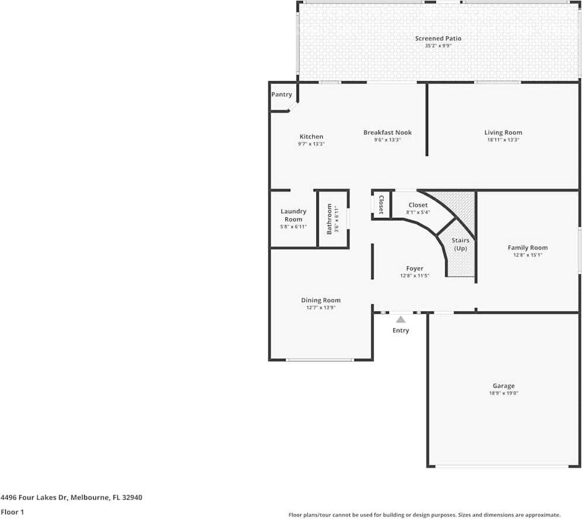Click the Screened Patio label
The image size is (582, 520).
pyautogui.click(x=438, y=39)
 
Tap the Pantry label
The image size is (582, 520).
pyautogui.click(x=281, y=95)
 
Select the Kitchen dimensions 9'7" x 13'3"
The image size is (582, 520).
pyautogui.click(x=311, y=144)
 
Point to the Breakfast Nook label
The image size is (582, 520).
pyautogui.click(x=387, y=133)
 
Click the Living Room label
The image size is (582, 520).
pyautogui.click(x=503, y=133)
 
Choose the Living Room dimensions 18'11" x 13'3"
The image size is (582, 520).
pyautogui.click(x=503, y=140)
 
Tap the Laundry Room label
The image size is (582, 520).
pyautogui.click(x=293, y=215)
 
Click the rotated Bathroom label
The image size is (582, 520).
pyautogui.click(x=329, y=219)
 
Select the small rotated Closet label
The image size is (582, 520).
pyautogui.click(x=381, y=205)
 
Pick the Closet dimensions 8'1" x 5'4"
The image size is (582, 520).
pyautogui.click(x=418, y=213)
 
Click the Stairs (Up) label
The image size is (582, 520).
pyautogui.click(x=460, y=244)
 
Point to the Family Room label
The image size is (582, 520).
pyautogui.click(x=527, y=248)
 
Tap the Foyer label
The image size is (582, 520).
pyautogui.click(x=415, y=269)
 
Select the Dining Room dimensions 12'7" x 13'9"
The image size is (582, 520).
pyautogui.click(x=321, y=307)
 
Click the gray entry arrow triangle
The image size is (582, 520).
pyautogui.click(x=401, y=320)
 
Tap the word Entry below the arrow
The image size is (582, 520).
pyautogui.click(x=401, y=331)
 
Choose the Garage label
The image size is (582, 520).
pyautogui.click(x=503, y=386)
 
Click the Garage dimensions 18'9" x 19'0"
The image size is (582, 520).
pyautogui.click(x=503, y=393)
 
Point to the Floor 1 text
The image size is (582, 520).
pyautogui.click(x=12, y=512)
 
